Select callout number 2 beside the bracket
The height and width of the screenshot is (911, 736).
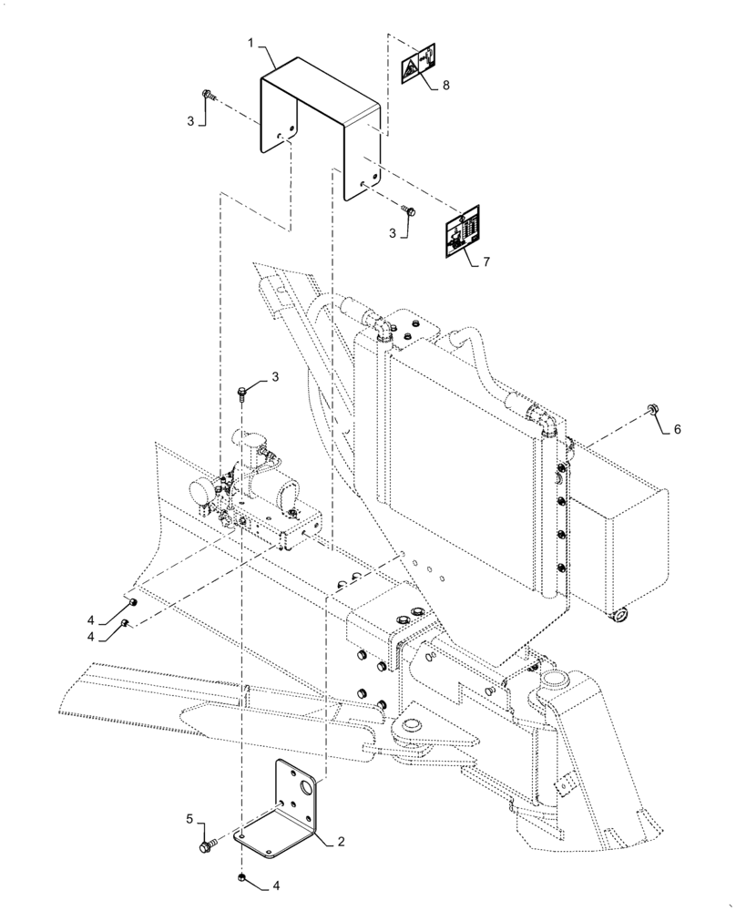click(341, 843)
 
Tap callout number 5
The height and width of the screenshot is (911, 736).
click(189, 820)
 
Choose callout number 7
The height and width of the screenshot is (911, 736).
click(486, 262)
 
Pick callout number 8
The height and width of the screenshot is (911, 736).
click(445, 86)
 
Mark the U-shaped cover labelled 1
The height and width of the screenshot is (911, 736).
click(319, 118)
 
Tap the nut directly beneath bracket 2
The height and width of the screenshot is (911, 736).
click(242, 878)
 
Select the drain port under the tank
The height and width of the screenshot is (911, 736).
click(619, 616)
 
